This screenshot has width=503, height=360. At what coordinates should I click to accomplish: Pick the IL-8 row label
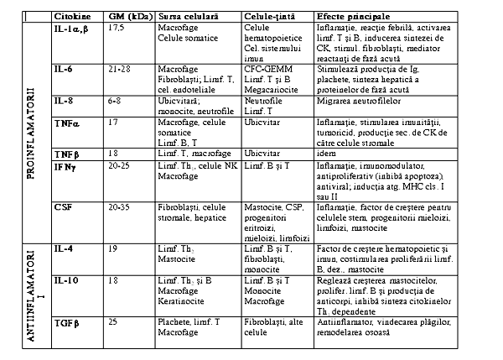pos(63,100)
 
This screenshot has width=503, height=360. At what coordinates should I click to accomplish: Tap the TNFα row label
pos(66,123)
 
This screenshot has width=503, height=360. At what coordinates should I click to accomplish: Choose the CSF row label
pos(62,206)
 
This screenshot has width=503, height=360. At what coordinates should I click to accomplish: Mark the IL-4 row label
pos(63,249)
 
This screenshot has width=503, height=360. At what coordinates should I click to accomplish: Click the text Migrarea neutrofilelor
pos(356,100)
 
